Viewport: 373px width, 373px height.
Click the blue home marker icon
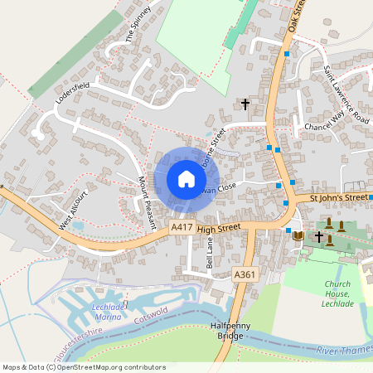[186, 179]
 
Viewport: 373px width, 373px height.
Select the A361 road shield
[244, 274]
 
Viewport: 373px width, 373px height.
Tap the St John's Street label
[338, 198]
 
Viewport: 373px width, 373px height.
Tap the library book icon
[298, 236]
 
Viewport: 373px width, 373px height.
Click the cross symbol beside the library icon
[319, 236]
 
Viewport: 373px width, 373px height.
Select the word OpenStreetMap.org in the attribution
[94, 366]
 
